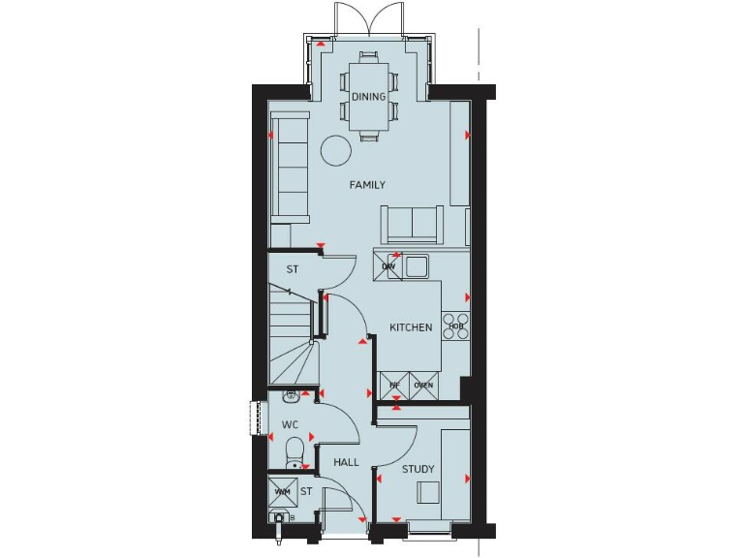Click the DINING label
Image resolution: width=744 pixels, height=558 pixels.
(368, 97)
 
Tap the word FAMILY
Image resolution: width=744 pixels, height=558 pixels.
(367, 185)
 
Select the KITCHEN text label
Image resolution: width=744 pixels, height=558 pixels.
(411, 327)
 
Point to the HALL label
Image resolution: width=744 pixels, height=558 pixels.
(346, 463)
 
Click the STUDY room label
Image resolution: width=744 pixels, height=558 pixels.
(418, 469)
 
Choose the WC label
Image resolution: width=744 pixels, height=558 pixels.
(290, 425)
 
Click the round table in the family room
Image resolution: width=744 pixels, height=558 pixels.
(336, 150)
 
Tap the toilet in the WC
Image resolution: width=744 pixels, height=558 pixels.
(294, 451)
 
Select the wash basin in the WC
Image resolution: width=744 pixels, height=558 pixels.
(291, 395)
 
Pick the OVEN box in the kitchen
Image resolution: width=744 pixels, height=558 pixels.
(423, 386)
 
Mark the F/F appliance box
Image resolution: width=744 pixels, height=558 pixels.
(394, 386)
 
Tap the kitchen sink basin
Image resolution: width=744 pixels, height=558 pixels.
(418, 265)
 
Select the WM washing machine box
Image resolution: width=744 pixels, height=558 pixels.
(282, 491)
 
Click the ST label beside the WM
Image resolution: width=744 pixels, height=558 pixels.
(305, 492)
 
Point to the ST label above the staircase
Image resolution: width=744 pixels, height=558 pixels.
(291, 269)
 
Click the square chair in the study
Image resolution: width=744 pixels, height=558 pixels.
(429, 493)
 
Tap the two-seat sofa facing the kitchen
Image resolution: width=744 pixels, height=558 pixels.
(412, 225)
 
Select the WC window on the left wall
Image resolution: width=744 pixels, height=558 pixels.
(258, 418)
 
